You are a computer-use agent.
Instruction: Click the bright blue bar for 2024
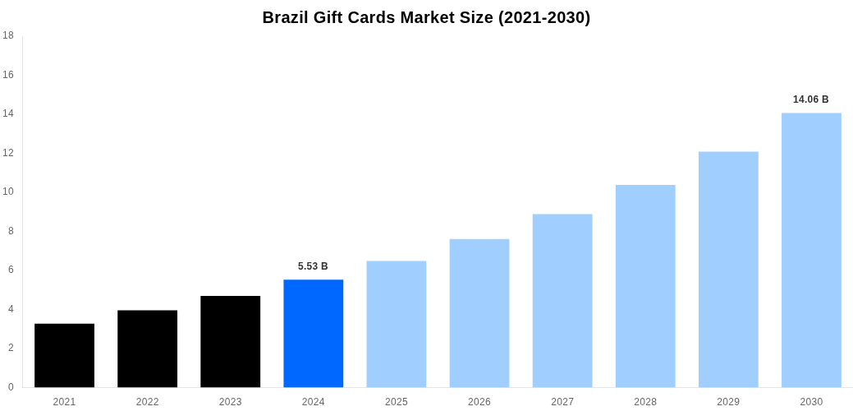(313, 333)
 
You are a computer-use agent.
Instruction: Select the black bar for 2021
(64, 355)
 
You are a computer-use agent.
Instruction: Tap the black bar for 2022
(147, 349)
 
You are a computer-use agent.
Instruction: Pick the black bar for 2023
(230, 341)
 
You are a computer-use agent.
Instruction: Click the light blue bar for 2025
(396, 324)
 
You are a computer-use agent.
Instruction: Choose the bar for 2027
(562, 300)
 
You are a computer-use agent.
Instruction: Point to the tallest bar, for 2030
(811, 250)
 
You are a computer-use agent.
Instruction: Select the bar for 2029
(728, 269)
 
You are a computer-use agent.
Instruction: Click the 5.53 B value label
(313, 266)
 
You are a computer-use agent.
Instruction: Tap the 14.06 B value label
(810, 99)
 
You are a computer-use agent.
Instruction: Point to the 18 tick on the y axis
(8, 35)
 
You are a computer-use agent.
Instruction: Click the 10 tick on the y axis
(8, 192)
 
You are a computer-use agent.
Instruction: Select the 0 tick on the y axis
(11, 387)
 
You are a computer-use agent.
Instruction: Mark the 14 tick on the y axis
(8, 113)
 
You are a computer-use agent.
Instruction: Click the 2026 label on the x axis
(479, 402)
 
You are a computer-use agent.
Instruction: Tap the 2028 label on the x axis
(645, 402)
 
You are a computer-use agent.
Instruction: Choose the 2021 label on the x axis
(64, 402)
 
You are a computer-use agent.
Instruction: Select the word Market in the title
(435, 17)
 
